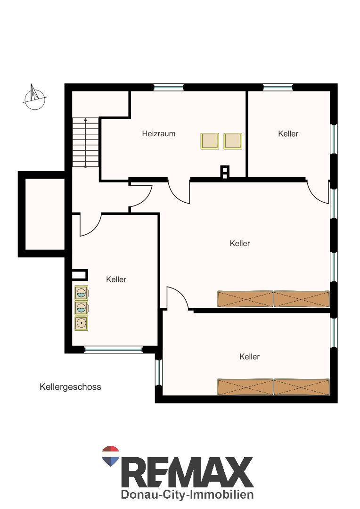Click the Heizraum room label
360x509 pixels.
tap(158, 133)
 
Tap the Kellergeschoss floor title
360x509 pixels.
tap(70, 386)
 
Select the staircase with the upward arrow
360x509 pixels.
tap(85, 142)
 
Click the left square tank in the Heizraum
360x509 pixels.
tap(210, 141)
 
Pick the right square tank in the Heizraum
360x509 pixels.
tap(233, 141)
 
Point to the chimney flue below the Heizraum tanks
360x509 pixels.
tap(225, 172)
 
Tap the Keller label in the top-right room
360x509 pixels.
tap(288, 133)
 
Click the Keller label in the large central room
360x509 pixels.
tap(239, 243)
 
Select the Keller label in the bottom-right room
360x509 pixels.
tap(249, 356)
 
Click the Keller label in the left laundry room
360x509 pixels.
tap(116, 279)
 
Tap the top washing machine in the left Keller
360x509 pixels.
tap(82, 293)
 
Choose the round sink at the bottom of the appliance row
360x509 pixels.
tap(81, 323)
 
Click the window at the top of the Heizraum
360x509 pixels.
tap(169, 87)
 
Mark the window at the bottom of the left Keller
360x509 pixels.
tap(113, 350)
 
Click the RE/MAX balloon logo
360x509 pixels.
tap(111, 456)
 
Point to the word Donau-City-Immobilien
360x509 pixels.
tap(187, 494)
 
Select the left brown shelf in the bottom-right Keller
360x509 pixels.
tap(245, 386)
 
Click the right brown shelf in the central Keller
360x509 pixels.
tap(302, 299)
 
